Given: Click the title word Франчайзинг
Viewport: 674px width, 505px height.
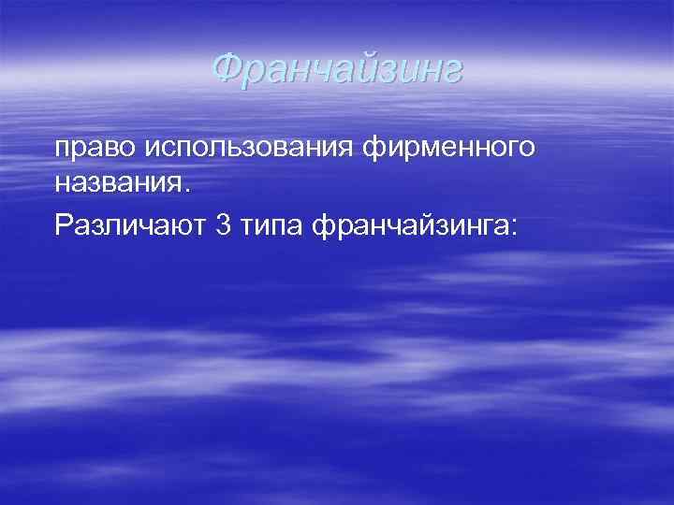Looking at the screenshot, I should click(x=336, y=68).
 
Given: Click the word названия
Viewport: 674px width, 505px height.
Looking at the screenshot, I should click(x=117, y=183).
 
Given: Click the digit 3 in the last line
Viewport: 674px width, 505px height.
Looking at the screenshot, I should click(x=223, y=225).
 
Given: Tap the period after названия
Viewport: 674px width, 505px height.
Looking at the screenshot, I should click(x=185, y=189).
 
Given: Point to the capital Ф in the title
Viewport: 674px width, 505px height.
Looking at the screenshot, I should click(x=226, y=68).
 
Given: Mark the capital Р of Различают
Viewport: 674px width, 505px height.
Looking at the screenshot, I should click(x=64, y=225).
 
